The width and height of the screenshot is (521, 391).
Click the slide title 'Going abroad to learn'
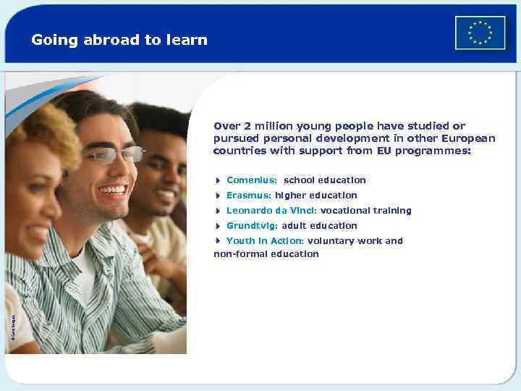119,40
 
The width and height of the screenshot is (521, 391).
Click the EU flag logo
480,33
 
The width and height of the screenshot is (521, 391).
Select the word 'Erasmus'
248,195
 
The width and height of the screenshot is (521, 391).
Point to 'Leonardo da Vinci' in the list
272,211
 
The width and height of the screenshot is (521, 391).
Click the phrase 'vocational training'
366,211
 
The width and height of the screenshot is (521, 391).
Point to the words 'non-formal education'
266,254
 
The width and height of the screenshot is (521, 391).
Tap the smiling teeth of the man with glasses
112,190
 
